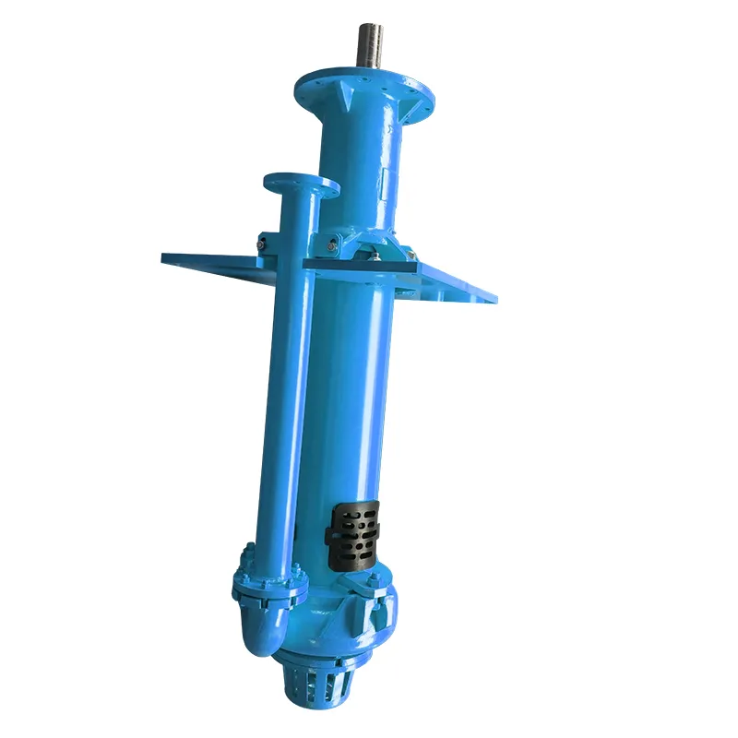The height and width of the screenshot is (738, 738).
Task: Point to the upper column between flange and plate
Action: (x=355, y=175)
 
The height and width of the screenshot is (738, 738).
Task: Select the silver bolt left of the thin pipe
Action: (x=261, y=244)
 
